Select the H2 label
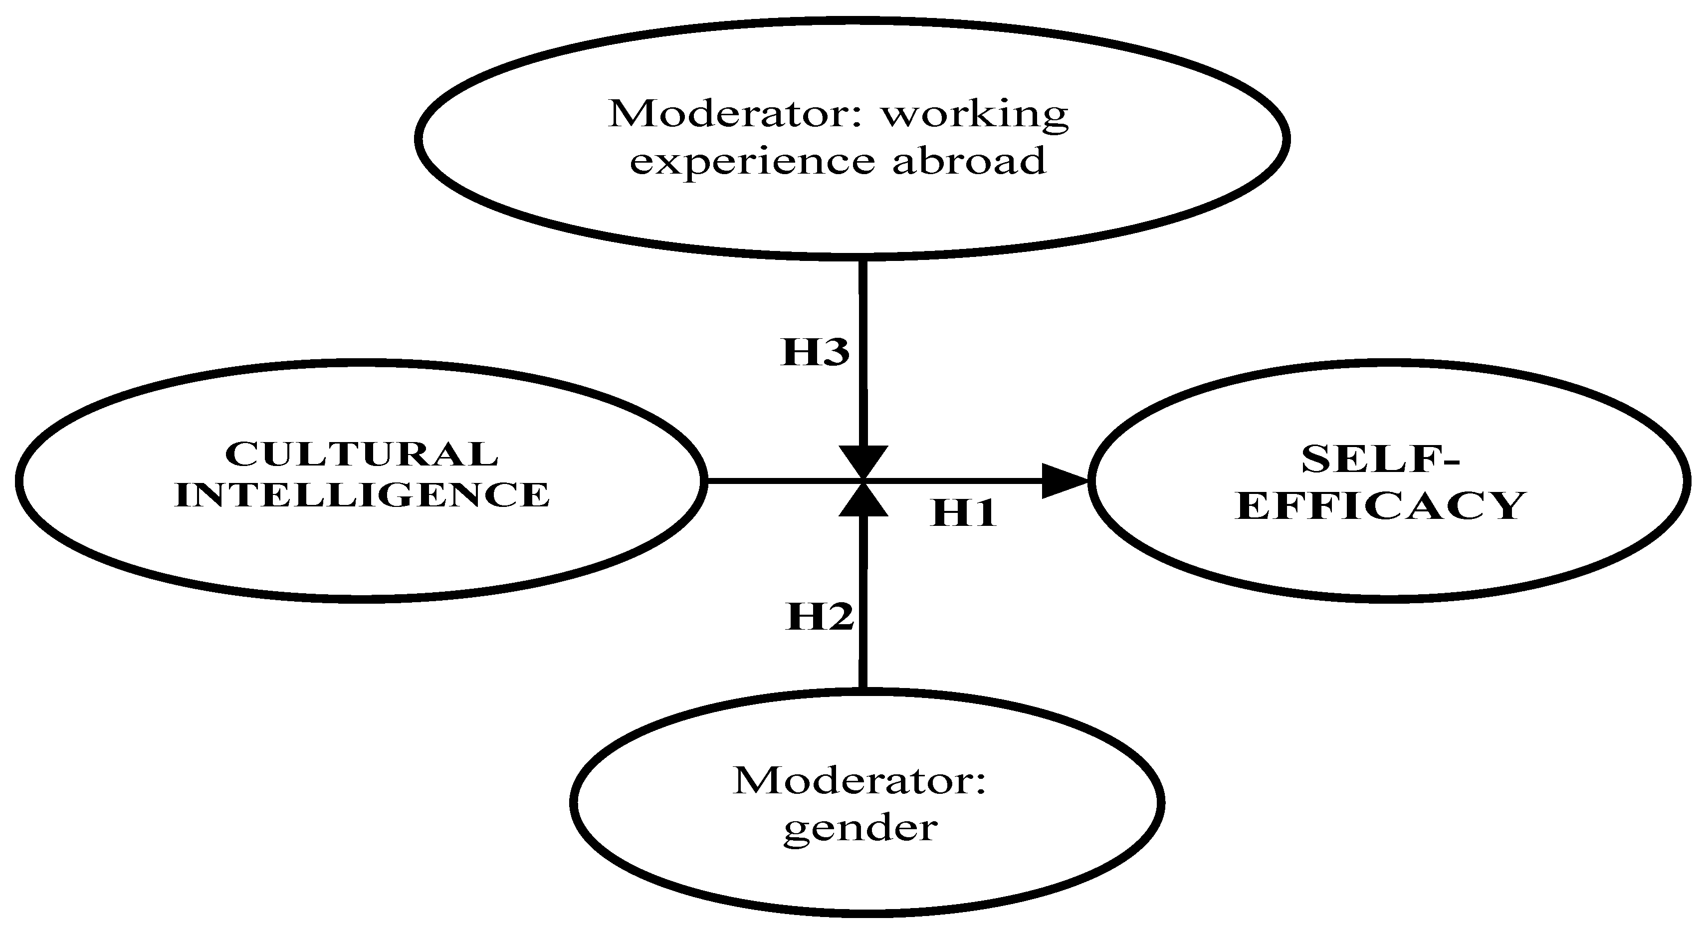(819, 616)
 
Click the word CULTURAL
(361, 455)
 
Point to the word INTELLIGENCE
(362, 495)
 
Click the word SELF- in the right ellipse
(1380, 459)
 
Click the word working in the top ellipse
(974, 114)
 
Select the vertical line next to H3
(863, 351)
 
